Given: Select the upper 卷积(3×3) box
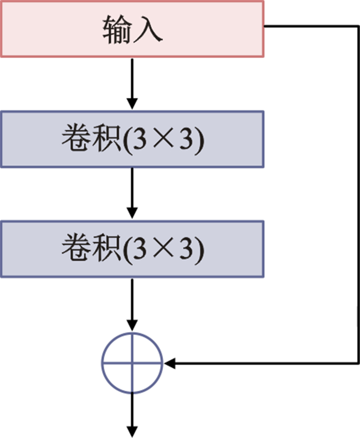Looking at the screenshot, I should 132,139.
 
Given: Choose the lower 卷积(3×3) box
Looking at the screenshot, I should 132,249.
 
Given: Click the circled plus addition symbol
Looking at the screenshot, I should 132,363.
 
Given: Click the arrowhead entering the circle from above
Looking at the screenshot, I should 132,326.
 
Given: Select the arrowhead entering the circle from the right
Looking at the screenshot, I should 170,363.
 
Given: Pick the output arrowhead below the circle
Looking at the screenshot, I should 132,431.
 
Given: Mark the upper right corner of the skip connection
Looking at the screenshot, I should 358,25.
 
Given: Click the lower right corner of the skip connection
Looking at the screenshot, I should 358,363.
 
